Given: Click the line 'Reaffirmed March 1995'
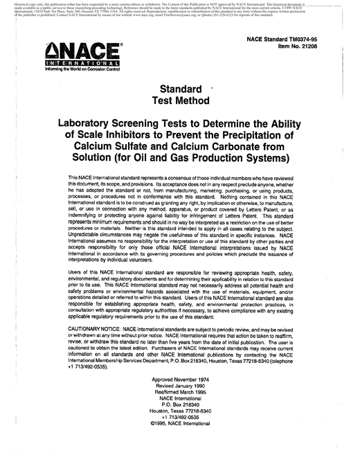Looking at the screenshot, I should pyautogui.click(x=181, y=395).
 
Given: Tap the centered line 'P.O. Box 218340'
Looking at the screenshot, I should pyautogui.click(x=181, y=409).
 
